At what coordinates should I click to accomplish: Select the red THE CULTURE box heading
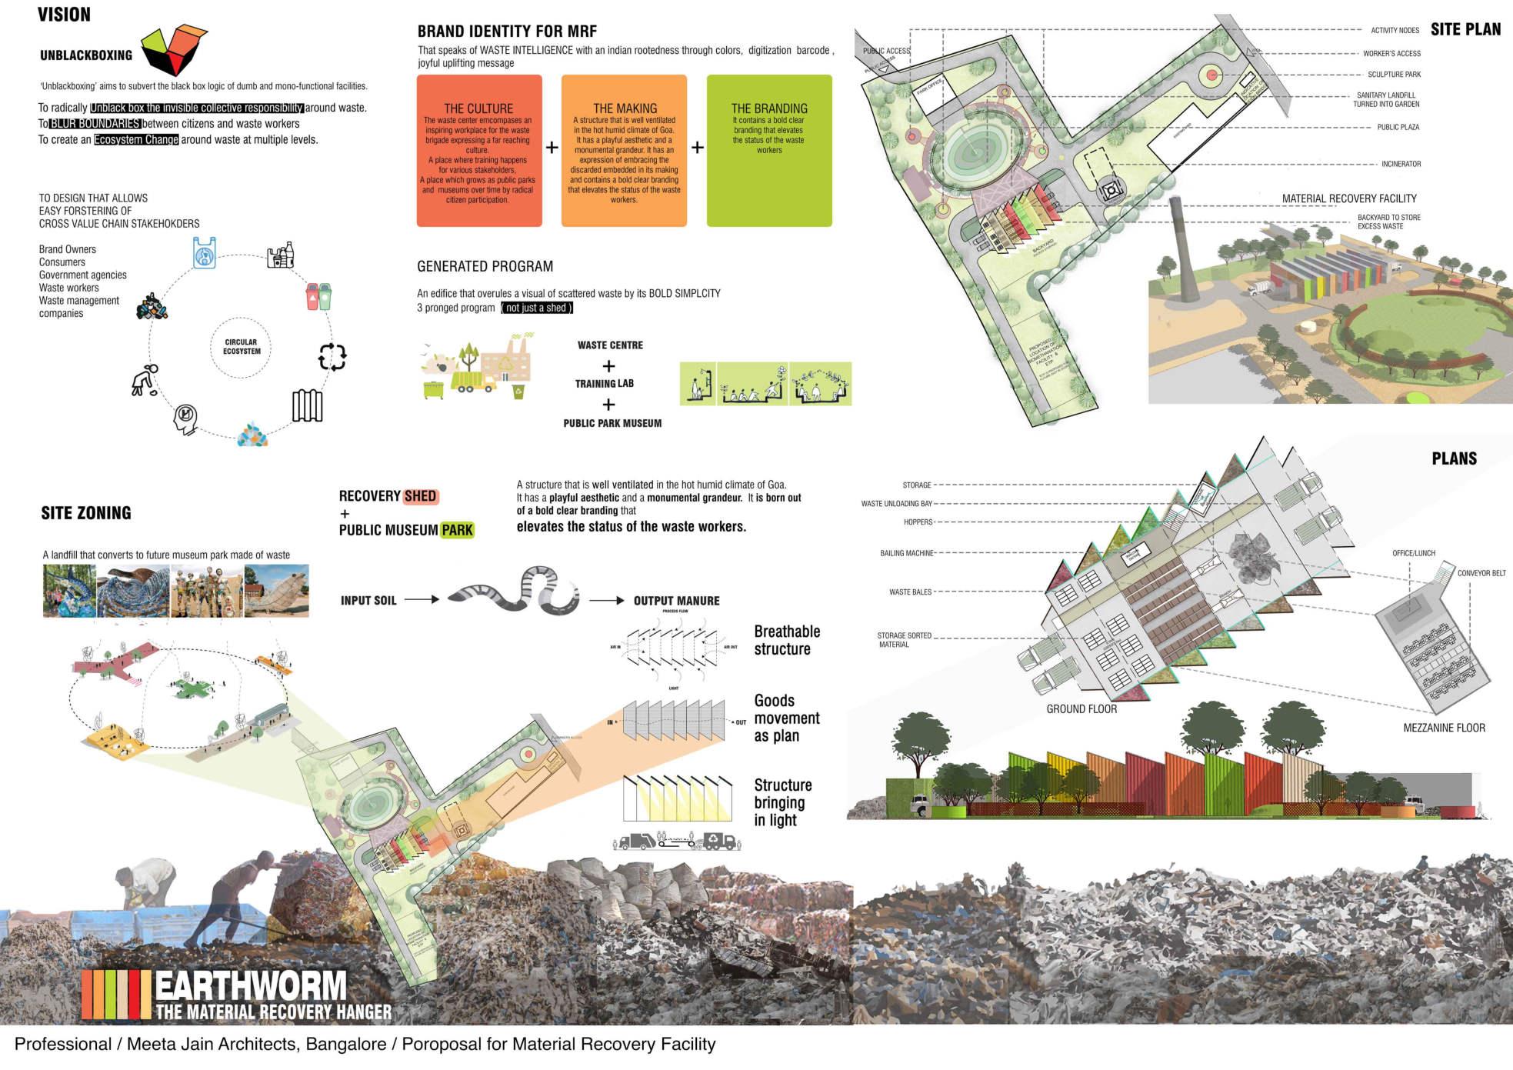(x=478, y=108)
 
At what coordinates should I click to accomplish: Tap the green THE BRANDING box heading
(x=769, y=108)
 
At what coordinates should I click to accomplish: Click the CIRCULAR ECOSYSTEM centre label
(x=242, y=347)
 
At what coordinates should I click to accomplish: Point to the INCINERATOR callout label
(x=1401, y=164)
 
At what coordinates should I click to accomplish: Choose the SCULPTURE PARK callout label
(x=1394, y=75)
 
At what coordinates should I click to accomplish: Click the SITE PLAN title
(x=1465, y=29)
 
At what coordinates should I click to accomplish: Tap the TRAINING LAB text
(x=605, y=383)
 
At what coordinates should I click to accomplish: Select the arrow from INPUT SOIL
(x=421, y=599)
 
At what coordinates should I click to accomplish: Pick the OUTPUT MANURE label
(x=676, y=601)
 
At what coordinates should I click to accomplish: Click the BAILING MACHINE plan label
(x=906, y=553)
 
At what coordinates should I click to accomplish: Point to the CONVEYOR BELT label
(x=1481, y=573)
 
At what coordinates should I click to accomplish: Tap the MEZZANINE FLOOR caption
(x=1444, y=728)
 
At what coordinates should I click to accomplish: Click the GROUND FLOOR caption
(x=1081, y=709)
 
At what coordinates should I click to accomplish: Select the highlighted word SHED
(x=420, y=496)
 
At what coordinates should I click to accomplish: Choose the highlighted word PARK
(x=458, y=530)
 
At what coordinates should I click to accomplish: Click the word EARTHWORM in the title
(x=251, y=985)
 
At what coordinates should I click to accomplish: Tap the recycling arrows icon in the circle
(x=332, y=355)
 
